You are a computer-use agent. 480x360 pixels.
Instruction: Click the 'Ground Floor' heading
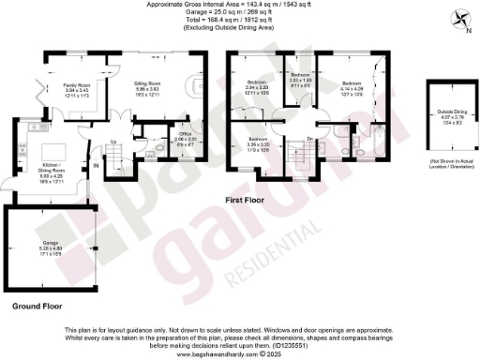(x=37, y=306)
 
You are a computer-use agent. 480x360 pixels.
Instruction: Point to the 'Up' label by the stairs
(x=113, y=142)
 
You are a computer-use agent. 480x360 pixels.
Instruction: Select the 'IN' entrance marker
(x=95, y=166)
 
